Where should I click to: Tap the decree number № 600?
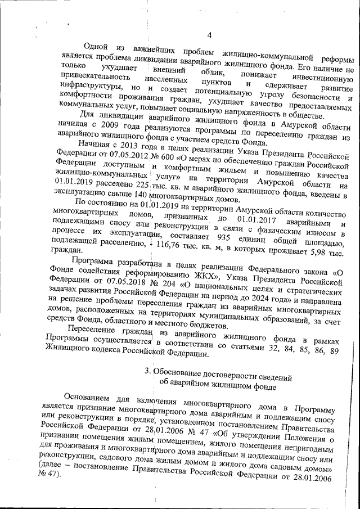coord(165,157)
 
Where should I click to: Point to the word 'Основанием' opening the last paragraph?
coord(89,399)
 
